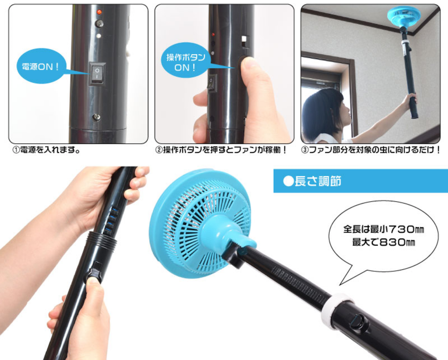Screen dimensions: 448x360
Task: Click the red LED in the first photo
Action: coord(99,12)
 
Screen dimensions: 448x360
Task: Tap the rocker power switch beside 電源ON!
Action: coord(97,74)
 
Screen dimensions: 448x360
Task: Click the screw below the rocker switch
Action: coord(97,117)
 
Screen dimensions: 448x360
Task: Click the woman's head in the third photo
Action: coord(323,113)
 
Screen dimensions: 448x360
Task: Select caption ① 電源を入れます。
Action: coord(46,150)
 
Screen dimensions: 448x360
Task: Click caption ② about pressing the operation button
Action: coord(221,150)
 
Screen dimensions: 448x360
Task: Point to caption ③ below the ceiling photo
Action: coord(370,150)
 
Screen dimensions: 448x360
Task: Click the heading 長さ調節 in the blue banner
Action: coord(318,181)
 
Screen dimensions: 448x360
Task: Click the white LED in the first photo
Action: coord(99,36)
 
